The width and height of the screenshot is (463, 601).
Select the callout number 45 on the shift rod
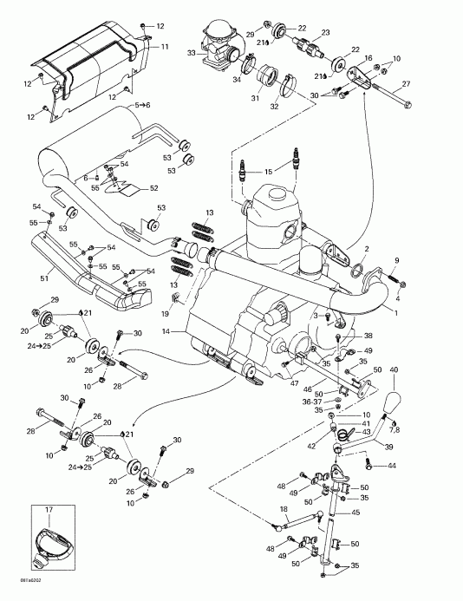[x=355, y=513]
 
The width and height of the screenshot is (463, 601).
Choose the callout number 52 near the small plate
[x=154, y=188]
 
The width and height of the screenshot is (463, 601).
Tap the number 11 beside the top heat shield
[x=165, y=45]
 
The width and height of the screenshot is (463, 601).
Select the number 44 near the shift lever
[x=393, y=467]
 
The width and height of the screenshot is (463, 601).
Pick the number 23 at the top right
[x=326, y=32]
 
